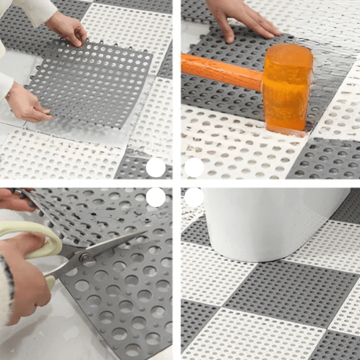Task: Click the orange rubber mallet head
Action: pos(288,88)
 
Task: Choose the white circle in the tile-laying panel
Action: pos(155,167)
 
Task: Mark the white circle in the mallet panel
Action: pos(194,167)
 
